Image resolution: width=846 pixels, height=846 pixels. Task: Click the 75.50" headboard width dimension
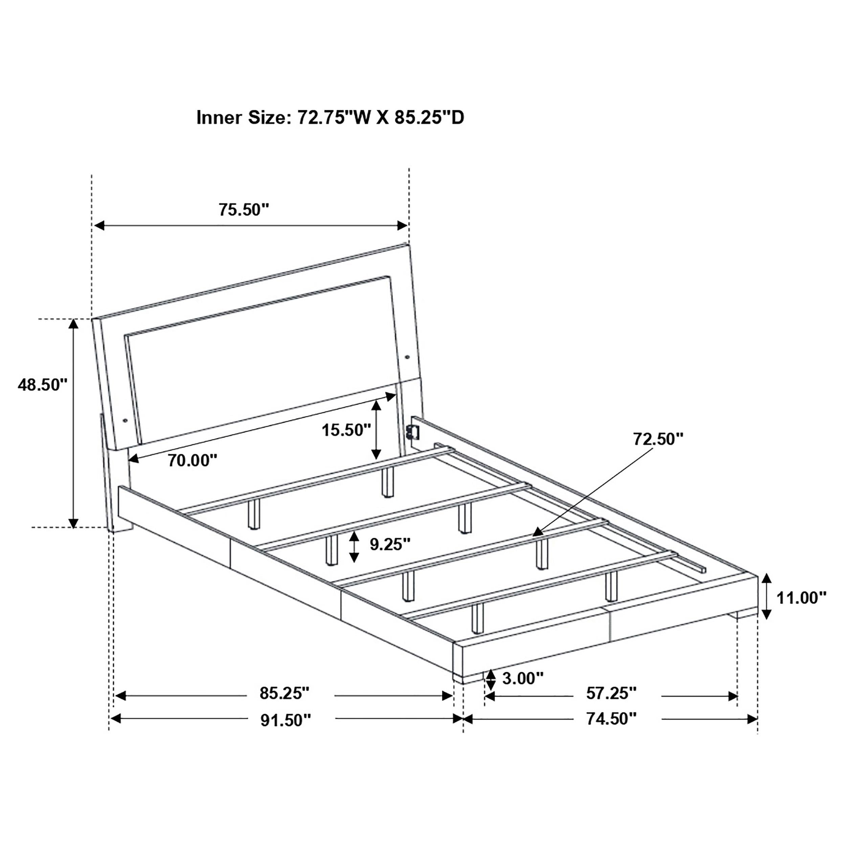click(x=243, y=210)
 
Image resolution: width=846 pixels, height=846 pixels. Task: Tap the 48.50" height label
click(x=43, y=384)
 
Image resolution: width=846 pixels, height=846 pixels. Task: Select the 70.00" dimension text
click(x=193, y=460)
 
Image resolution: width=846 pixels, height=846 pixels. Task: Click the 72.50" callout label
click(x=658, y=439)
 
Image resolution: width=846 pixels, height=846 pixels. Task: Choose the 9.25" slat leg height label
click(x=390, y=544)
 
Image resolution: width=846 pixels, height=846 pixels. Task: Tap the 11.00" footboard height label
click(x=801, y=597)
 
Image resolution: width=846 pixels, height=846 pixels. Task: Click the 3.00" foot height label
click(x=522, y=678)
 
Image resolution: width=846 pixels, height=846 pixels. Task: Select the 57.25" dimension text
click(x=611, y=693)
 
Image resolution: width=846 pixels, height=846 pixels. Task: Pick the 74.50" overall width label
click(x=611, y=718)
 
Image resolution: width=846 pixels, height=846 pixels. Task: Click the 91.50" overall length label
click(x=286, y=720)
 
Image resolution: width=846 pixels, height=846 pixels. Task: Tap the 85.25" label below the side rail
click(x=285, y=693)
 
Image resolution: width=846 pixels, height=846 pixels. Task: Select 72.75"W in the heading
click(x=334, y=118)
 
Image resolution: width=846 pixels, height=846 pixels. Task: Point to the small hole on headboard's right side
click(x=408, y=357)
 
